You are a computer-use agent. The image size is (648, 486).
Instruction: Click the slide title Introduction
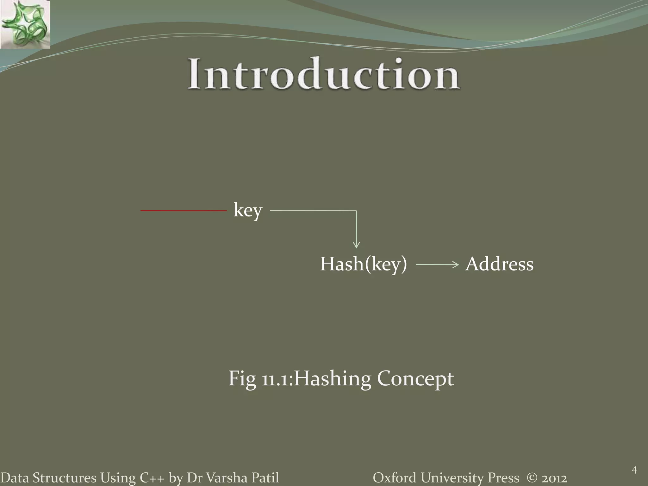(324, 74)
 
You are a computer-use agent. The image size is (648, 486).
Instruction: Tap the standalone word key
(248, 210)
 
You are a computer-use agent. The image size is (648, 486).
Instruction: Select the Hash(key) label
(364, 264)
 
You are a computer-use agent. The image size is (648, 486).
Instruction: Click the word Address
(499, 264)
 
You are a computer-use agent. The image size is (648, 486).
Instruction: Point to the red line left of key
(184, 210)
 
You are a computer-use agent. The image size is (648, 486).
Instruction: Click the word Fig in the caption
(242, 379)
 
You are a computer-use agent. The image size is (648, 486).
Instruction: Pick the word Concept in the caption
(415, 379)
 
